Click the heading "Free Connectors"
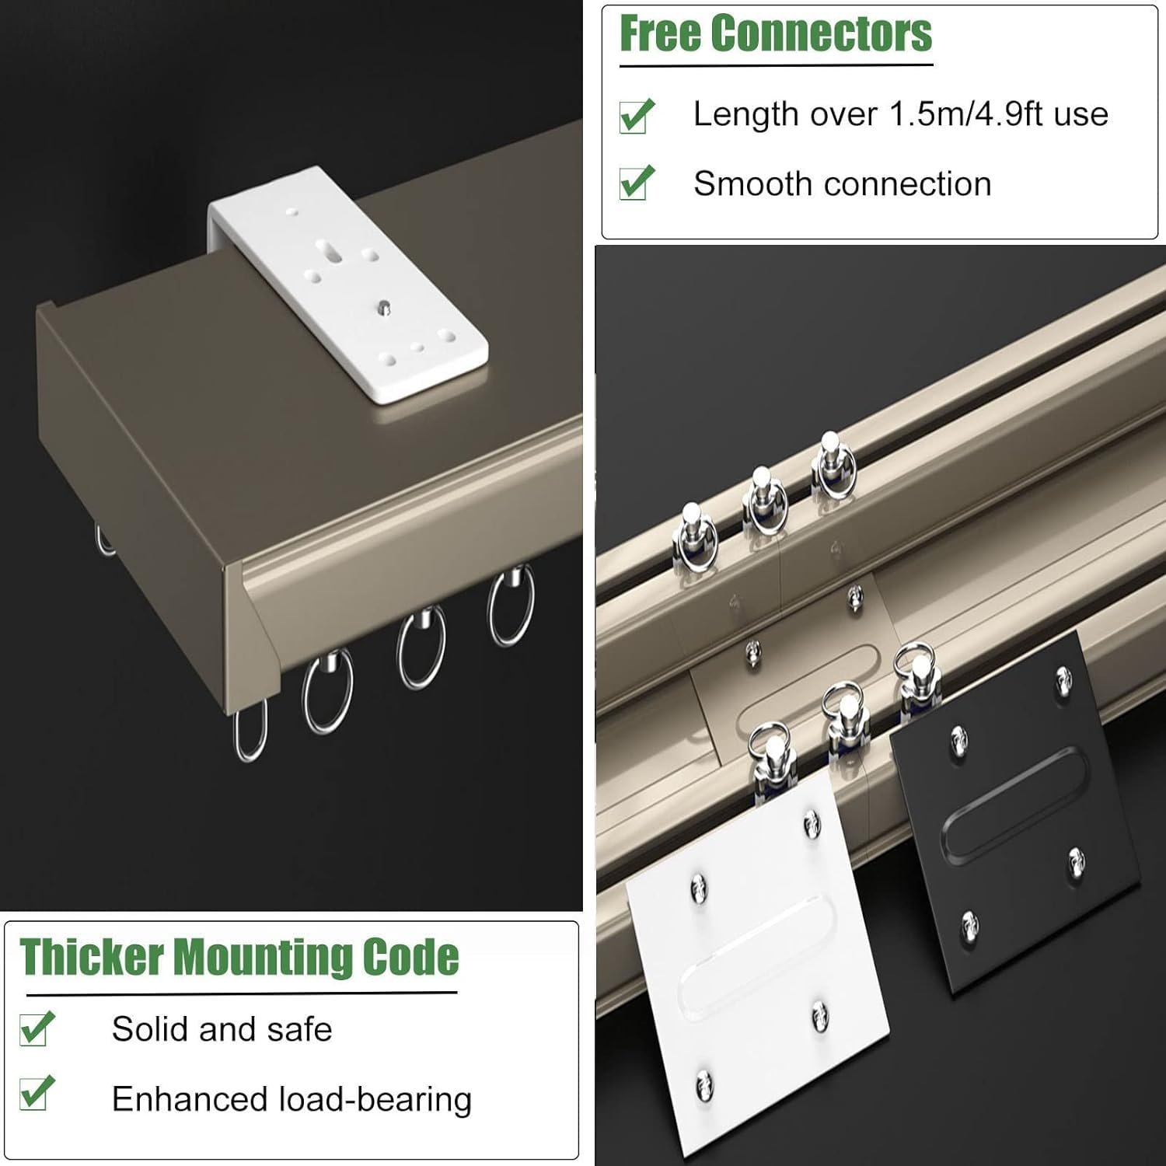click(776, 33)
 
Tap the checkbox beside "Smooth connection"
click(637, 184)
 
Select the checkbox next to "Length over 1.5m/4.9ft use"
click(637, 117)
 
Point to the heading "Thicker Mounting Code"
click(239, 957)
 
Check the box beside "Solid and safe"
click(37, 1029)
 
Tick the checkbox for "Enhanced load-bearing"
click(37, 1093)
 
